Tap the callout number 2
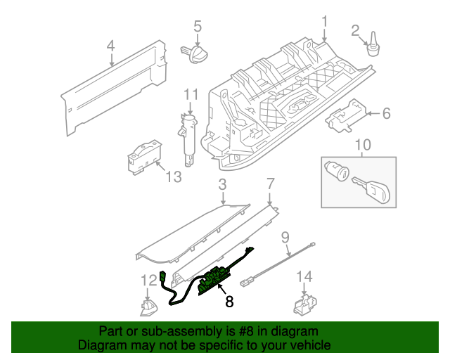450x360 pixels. pyautogui.click(x=356, y=30)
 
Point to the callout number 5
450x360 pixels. pyautogui.click(x=198, y=27)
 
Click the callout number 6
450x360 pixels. pyautogui.click(x=385, y=112)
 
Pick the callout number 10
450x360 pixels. pyautogui.click(x=362, y=146)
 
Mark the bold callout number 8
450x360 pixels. pyautogui.click(x=229, y=302)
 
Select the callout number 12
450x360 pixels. pyautogui.click(x=148, y=281)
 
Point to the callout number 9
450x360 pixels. pyautogui.click(x=286, y=237)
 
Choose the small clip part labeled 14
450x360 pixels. pyautogui.click(x=302, y=305)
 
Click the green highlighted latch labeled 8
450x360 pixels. pyautogui.click(x=213, y=281)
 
